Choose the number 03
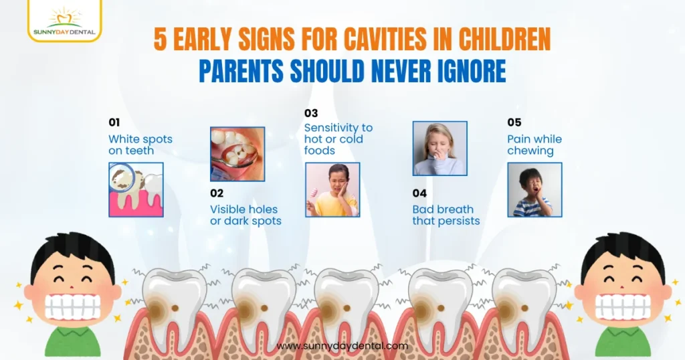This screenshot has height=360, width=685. click(x=311, y=112)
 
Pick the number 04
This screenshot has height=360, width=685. click(x=419, y=193)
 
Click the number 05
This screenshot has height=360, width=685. click(x=514, y=122)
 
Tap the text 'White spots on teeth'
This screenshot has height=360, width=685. click(x=140, y=145)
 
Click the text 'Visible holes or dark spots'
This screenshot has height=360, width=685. click(x=246, y=215)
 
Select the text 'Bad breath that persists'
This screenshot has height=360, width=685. click(x=446, y=215)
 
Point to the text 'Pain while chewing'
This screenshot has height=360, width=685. click(x=534, y=145)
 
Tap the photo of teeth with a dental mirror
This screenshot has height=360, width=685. click(x=237, y=155)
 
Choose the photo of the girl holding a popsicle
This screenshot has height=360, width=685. click(x=332, y=190)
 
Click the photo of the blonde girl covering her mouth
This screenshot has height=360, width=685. click(x=439, y=149)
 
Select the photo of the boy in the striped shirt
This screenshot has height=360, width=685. click(x=534, y=190)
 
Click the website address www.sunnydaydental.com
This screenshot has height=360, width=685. click(x=342, y=346)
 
